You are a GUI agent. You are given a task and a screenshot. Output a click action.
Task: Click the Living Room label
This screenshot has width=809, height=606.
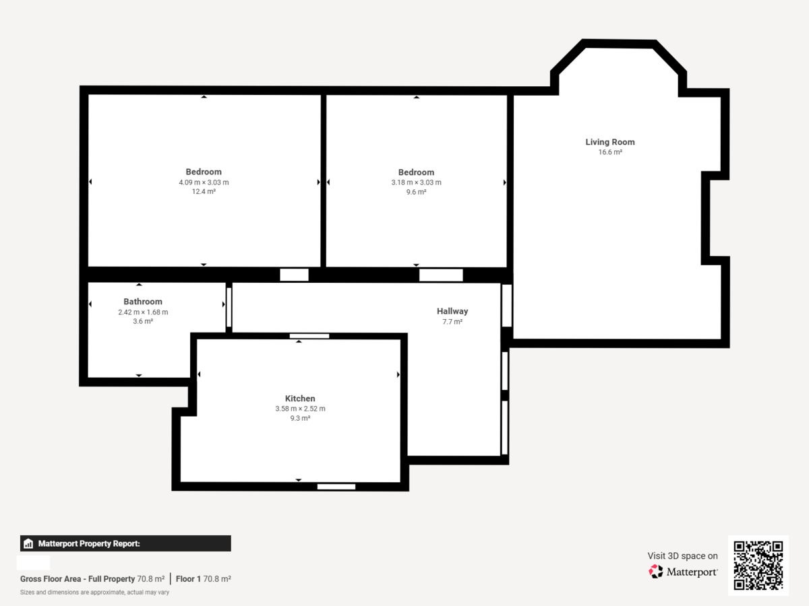[609, 142]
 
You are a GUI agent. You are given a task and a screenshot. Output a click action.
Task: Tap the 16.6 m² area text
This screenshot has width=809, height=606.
[609, 153]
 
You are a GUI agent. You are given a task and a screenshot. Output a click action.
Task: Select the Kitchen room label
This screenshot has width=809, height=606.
[299, 399]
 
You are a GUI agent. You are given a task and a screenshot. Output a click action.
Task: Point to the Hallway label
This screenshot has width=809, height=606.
[452, 311]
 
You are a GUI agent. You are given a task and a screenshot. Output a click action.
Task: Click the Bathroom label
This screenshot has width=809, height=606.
[142, 302]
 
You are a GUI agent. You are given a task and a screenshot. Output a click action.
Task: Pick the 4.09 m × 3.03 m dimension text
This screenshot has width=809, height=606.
[204, 182]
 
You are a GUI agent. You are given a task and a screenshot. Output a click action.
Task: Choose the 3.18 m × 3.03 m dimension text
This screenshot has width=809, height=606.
[416, 182]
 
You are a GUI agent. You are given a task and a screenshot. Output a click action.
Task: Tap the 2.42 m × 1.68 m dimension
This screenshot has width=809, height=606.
[142, 312]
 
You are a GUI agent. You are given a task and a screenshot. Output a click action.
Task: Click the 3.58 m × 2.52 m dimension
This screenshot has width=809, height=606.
[299, 409]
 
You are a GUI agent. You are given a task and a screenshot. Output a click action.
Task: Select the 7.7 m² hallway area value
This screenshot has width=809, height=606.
[452, 322]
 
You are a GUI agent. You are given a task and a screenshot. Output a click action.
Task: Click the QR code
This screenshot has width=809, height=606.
[758, 566]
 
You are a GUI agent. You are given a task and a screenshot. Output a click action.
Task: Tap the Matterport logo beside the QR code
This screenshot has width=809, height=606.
[683, 572]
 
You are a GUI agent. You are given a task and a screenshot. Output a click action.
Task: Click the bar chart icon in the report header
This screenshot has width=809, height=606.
[28, 543]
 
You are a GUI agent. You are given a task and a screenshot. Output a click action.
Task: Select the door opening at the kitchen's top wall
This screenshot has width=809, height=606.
[309, 336]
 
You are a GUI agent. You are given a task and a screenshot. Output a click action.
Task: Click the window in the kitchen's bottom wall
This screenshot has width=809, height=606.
[336, 487]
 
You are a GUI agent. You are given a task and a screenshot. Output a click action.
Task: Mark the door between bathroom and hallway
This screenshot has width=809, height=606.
[229, 307]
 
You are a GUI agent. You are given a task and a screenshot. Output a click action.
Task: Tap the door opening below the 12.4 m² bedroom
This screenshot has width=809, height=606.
[294, 275]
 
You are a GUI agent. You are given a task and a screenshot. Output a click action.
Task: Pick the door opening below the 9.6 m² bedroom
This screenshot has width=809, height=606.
[441, 275]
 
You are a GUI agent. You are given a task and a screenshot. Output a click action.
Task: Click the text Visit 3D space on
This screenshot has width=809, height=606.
[682, 555]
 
